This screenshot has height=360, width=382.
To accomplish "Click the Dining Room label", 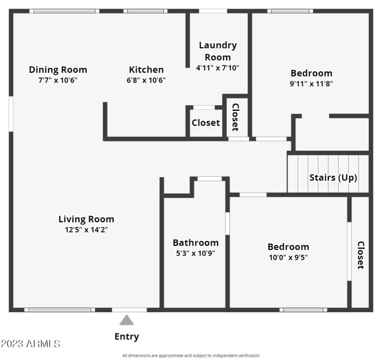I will (x=58, y=70).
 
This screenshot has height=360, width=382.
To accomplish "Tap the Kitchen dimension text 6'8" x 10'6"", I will (x=146, y=80).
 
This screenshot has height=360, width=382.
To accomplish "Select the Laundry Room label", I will (x=218, y=51).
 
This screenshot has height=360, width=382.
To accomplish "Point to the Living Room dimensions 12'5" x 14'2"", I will (x=86, y=229).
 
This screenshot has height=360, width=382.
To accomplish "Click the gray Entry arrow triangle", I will (x=127, y=320).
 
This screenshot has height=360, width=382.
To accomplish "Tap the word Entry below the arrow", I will (x=127, y=337).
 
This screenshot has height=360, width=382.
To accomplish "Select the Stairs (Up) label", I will (x=333, y=177).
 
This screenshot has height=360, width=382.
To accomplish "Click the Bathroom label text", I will (x=196, y=243).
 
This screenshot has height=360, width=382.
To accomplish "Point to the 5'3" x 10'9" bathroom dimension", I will (x=196, y=253).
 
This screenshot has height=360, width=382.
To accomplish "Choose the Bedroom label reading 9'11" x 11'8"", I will (x=311, y=73).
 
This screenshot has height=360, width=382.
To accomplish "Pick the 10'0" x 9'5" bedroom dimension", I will (x=288, y=257).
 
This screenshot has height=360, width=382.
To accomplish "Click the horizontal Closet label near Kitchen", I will (x=206, y=122).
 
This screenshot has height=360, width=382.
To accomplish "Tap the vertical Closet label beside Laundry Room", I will (x=235, y=117).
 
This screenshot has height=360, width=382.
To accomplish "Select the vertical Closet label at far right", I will (x=361, y=255).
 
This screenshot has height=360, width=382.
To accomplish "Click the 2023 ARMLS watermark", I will (x=31, y=343).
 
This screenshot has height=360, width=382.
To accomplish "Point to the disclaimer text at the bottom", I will (x=191, y=356).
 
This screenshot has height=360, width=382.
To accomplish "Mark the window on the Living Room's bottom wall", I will (x=60, y=310).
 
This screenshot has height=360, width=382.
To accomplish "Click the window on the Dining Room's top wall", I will (x=64, y=11).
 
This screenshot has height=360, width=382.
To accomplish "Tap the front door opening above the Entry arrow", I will (x=129, y=310).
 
